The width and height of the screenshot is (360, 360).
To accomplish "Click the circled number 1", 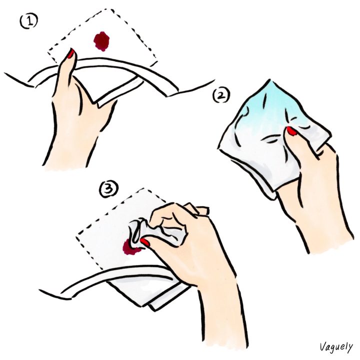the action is click(28, 21).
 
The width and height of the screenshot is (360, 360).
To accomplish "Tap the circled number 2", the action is click(221, 95).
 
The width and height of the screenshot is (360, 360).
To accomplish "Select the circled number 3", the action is click(108, 189).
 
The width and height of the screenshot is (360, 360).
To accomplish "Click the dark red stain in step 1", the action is click(101, 41).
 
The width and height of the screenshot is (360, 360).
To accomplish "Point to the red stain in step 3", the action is click(131, 247).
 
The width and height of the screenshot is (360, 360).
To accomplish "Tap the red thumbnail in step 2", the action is click(291, 130).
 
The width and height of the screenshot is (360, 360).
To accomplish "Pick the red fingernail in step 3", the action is click(145, 242).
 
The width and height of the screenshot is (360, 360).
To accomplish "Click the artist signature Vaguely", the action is click(336, 347).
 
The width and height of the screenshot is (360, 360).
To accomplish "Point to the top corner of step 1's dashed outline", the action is click(112, 9).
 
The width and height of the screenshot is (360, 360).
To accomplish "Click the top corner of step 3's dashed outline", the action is click(144, 188).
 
